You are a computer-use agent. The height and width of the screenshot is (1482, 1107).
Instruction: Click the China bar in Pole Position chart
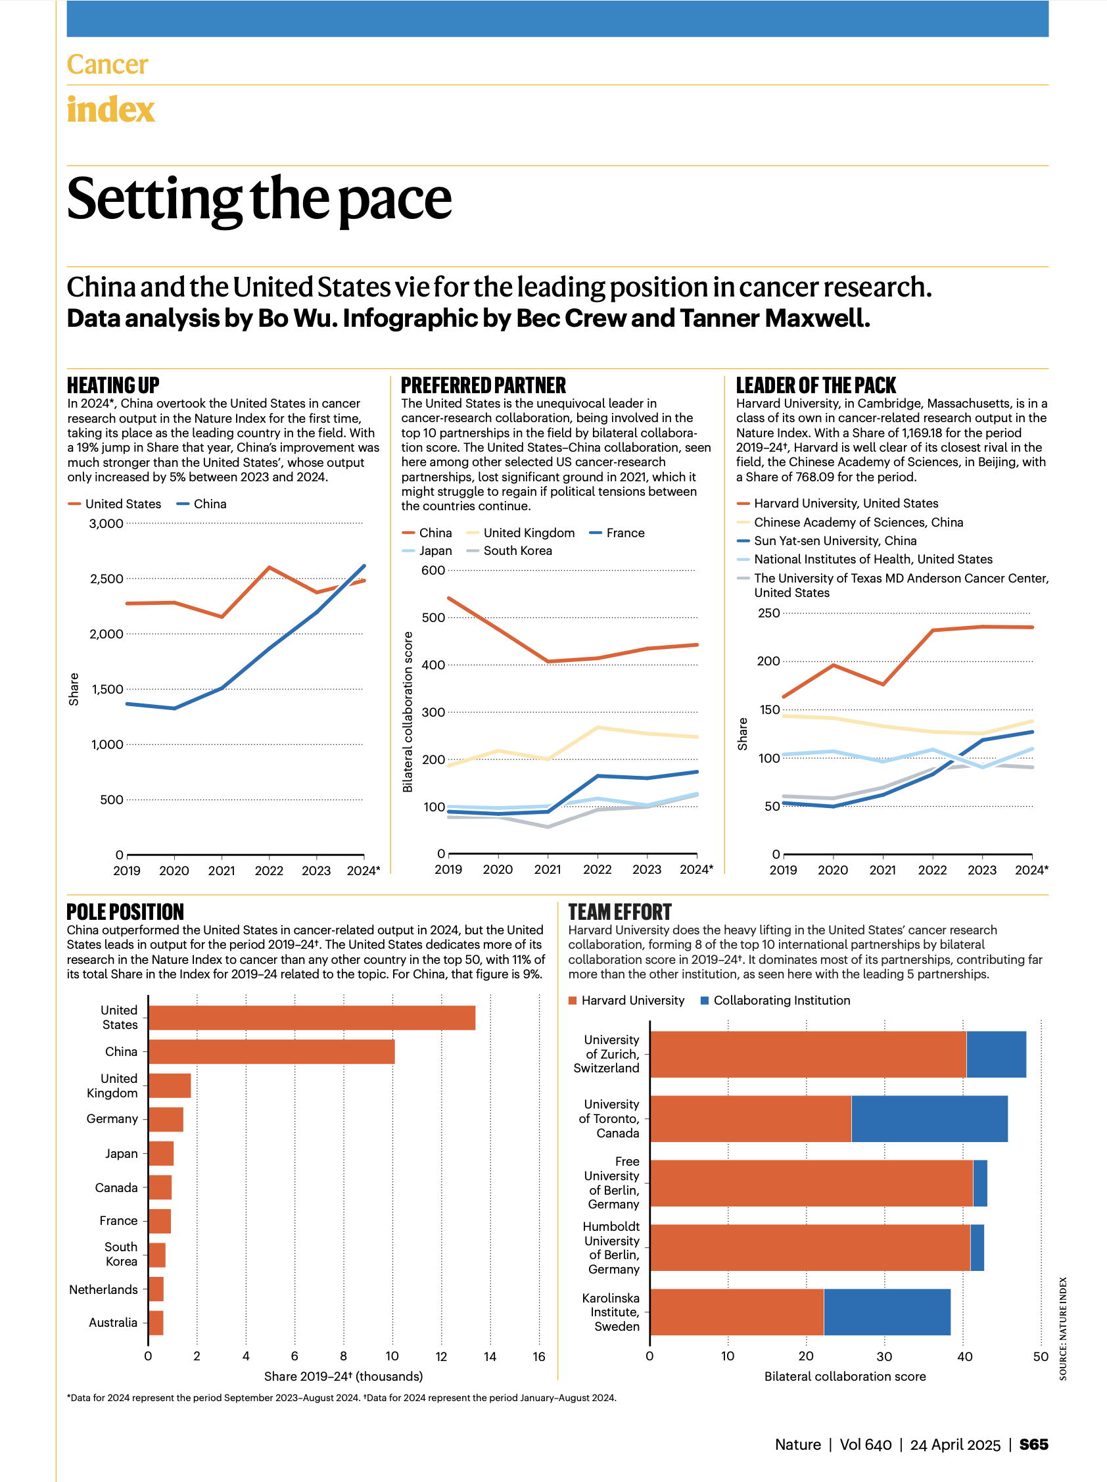point(271,1051)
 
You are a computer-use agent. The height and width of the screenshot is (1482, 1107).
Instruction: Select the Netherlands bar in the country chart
point(156,1289)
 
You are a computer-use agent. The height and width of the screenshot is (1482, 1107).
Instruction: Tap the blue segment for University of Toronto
point(929,1118)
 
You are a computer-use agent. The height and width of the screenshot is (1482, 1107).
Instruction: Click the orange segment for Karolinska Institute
point(737,1312)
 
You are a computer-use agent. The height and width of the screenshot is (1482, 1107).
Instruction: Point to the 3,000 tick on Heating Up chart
point(106,523)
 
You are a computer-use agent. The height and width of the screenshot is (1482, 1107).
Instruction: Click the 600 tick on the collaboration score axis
point(433,570)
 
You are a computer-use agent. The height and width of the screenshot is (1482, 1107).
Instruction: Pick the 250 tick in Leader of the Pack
point(769,613)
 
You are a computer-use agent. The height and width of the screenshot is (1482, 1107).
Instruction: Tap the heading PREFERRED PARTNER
point(484,385)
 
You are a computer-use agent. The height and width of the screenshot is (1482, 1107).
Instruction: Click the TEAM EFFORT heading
point(619,912)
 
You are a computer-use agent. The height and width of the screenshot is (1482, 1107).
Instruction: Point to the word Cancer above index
point(107,64)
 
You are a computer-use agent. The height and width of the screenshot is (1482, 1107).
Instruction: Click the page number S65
point(1033,1444)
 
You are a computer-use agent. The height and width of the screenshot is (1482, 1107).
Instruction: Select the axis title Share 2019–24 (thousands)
point(344,1376)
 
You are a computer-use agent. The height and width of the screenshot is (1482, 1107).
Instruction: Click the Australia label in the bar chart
point(113,1322)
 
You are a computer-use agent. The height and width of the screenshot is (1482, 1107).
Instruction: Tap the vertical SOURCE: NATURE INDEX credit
point(1063,1329)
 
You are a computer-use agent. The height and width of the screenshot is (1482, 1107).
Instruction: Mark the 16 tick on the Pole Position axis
point(539,1356)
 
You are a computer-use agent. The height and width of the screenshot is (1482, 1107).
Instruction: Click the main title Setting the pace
point(259,199)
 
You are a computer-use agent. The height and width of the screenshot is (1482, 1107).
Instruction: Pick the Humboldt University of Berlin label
point(611,1247)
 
